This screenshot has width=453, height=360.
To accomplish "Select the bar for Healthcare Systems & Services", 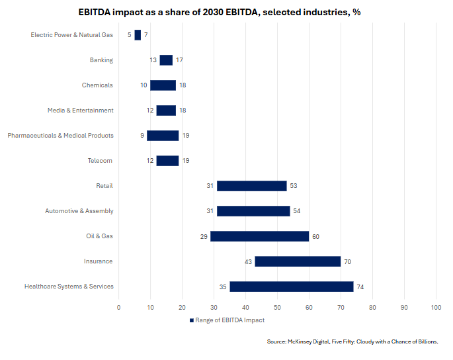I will click(291, 287).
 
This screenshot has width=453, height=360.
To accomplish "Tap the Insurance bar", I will click(298, 261).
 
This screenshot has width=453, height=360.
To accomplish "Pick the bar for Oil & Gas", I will click(259, 236).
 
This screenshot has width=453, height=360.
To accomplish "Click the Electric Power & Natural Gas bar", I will click(138, 35).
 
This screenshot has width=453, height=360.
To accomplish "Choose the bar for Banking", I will click(166, 60).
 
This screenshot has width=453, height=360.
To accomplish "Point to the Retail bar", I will click(251, 186).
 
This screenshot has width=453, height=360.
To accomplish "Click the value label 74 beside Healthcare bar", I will click(360, 287).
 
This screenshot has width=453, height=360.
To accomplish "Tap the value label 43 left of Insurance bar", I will click(248, 261).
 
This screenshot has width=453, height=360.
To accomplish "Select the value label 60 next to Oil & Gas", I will click(316, 236).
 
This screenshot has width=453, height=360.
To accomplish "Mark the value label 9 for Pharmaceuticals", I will click(142, 136).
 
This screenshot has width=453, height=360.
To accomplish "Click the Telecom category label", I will click(100, 161).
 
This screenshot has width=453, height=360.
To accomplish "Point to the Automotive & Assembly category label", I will click(79, 211).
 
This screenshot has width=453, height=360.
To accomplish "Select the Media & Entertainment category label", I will click(81, 111).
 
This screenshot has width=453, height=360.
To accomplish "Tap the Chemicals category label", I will click(97, 85).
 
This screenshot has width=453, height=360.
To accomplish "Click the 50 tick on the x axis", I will click(277, 307).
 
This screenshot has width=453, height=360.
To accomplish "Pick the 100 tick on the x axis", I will click(436, 307).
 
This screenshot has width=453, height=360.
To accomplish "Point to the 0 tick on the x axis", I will click(119, 307).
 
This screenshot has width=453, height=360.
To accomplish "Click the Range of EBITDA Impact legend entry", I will click(227, 320).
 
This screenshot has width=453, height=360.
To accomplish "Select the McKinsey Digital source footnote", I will click(352, 341).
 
